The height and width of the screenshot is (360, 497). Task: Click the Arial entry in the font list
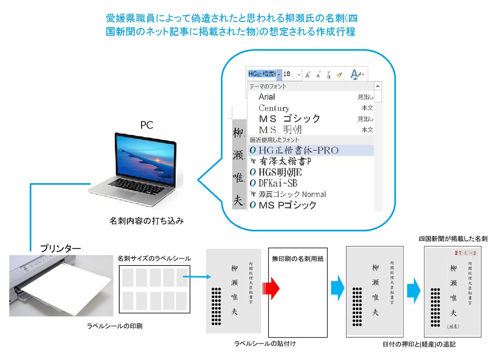tap(267, 97)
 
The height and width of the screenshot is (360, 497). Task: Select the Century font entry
tap(274, 108)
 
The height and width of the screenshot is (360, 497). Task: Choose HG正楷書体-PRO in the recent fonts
tap(298, 150)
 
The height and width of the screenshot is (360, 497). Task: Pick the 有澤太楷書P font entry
tap(286, 162)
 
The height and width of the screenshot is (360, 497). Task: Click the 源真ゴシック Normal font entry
tap(292, 194)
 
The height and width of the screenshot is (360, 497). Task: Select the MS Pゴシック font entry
tap(287, 205)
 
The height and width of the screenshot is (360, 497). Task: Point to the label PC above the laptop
tap(147, 125)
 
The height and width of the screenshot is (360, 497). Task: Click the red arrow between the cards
tap(272, 286)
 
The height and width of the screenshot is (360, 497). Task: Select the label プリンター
tap(60, 249)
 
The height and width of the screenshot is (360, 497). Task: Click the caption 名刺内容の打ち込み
tap(146, 221)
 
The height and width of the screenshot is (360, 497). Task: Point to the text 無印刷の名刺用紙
tap(297, 259)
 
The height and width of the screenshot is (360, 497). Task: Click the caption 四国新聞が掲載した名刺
tap(453, 239)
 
